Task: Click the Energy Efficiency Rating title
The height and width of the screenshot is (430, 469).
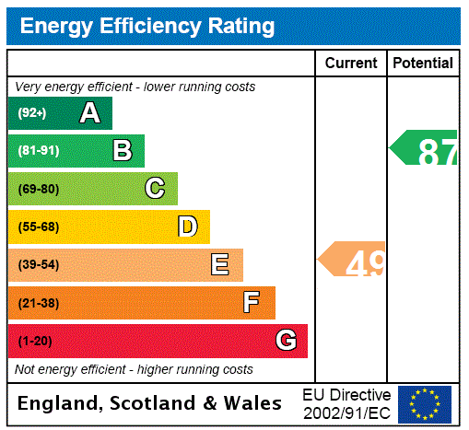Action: click(x=147, y=27)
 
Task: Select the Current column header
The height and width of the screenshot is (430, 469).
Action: click(x=351, y=64)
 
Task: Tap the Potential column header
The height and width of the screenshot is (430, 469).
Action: click(x=423, y=64)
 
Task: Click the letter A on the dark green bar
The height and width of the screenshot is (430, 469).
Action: click(x=89, y=113)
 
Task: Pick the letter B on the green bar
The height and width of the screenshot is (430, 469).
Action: click(x=122, y=150)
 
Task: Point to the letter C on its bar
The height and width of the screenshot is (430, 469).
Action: click(x=155, y=189)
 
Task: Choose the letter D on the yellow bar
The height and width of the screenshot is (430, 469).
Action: click(x=187, y=227)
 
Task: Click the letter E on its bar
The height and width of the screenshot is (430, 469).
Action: click(x=220, y=265)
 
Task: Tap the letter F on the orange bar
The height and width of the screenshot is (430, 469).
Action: click(x=252, y=303)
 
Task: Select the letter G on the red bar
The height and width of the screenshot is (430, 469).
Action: click(x=286, y=341)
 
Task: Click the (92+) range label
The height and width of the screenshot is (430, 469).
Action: click(x=32, y=113)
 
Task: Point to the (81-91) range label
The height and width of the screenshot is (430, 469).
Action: click(x=38, y=151)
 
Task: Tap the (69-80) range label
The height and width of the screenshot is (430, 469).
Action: click(x=38, y=189)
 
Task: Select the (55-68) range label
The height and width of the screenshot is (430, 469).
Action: click(x=38, y=227)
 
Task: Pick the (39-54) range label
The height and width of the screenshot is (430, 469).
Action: click(x=38, y=265)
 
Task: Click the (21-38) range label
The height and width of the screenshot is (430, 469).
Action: click(x=38, y=303)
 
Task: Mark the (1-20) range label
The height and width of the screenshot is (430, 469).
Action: click(x=35, y=341)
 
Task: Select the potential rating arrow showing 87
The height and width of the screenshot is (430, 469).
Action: click(x=425, y=148)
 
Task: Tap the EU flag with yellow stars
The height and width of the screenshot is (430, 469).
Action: click(x=425, y=404)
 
